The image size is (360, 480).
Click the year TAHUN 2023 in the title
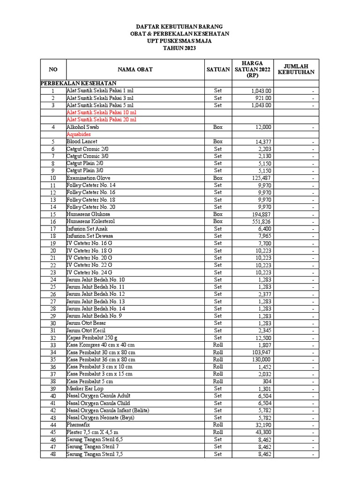180,48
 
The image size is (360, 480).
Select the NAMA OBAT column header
135,69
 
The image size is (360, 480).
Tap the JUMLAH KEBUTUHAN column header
296,69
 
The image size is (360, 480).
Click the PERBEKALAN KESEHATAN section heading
78,83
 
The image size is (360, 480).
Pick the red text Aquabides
79,134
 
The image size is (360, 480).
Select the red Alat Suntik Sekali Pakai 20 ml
101,120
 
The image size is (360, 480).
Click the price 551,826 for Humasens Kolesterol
261,221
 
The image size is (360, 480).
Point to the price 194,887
261,214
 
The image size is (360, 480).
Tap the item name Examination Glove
89,178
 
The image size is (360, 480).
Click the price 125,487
261,178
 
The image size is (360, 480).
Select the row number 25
53,287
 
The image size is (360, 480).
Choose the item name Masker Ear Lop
85,389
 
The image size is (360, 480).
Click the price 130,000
261,360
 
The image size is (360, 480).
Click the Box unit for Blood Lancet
218,142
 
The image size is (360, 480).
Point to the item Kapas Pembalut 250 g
92,337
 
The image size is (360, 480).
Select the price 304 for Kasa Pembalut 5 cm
266,382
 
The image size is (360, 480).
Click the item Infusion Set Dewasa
90,236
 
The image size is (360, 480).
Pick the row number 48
53,454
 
